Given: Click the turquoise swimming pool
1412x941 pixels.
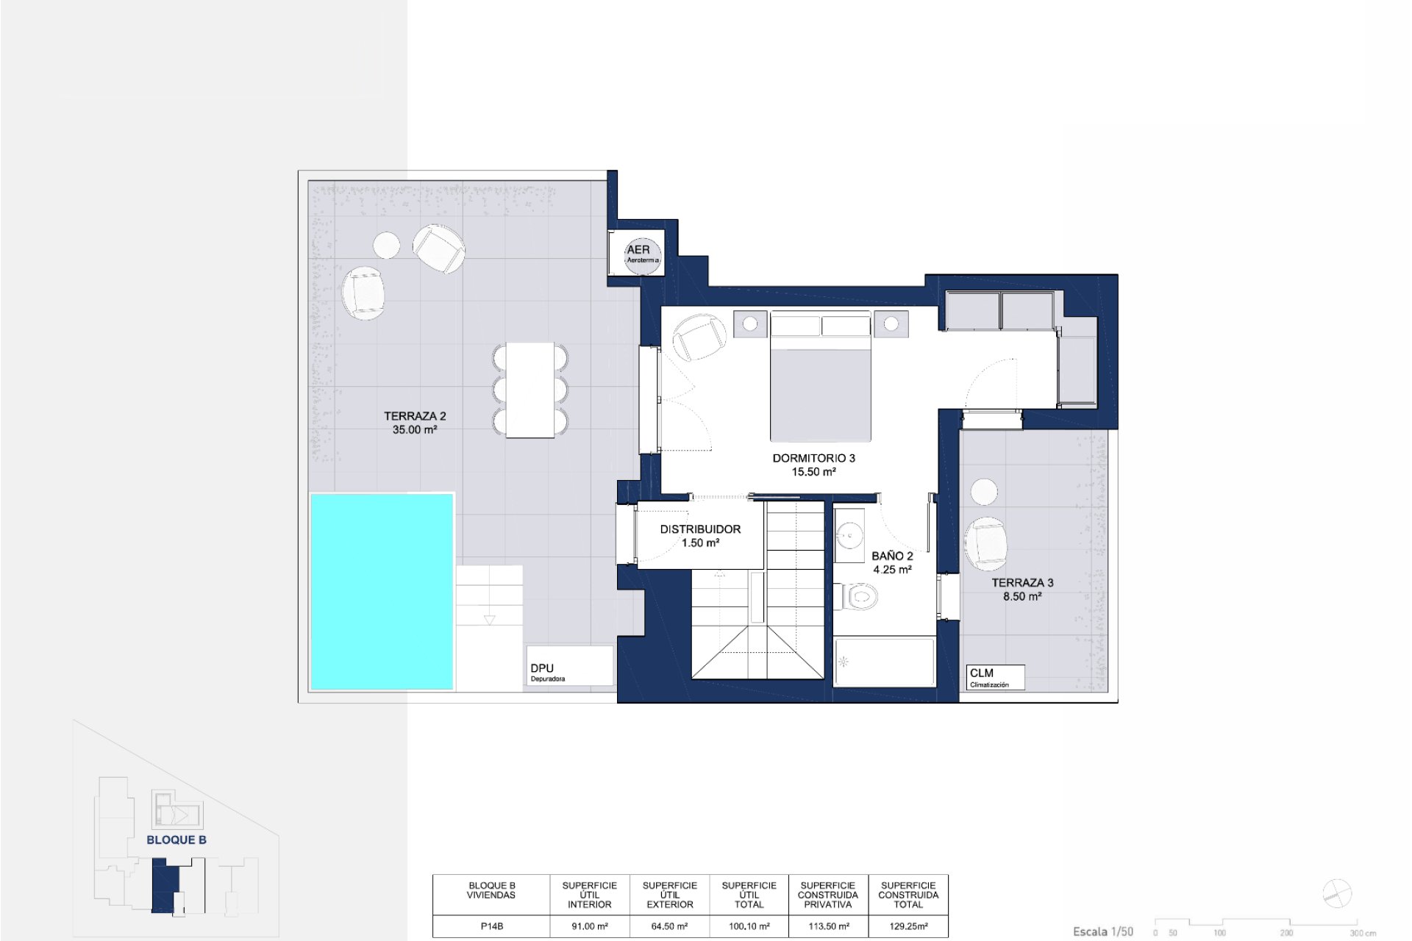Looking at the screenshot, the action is tap(382, 592).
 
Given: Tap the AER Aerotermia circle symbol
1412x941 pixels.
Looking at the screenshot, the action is tap(643, 254).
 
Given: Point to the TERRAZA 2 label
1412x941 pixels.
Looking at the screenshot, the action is tap(415, 423).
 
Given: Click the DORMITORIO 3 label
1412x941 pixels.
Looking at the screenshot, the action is tap(813, 465).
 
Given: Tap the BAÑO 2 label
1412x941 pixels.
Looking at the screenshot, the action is tap(892, 562).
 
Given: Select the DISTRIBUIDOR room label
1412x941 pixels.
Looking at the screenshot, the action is tap(700, 536).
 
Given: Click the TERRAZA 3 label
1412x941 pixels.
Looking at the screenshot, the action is tap(1022, 590).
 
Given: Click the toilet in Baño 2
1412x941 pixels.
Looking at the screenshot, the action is tap(856, 595).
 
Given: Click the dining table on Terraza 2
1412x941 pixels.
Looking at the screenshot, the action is tap(530, 390).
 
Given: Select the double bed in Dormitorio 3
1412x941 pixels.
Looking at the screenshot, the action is tap(821, 376).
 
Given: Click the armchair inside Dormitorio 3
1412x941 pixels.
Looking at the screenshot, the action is tap(699, 337).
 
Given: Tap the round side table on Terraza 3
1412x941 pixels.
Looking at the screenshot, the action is tap(984, 492).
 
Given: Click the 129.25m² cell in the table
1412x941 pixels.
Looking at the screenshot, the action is tap(908, 926).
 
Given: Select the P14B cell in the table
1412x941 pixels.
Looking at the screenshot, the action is tap(491, 926).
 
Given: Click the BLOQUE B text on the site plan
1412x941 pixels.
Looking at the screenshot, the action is tap(176, 840).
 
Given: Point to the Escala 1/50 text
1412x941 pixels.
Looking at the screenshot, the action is tap(1103, 931).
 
